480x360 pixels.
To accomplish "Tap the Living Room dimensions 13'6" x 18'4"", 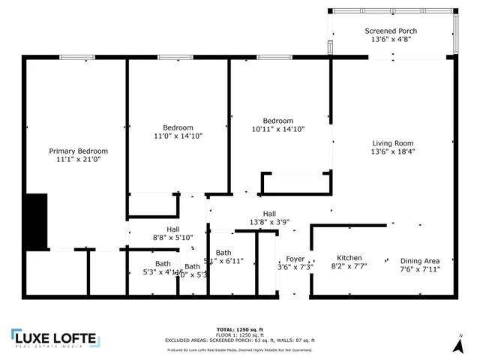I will (x=393, y=151).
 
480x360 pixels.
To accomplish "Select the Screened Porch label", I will (x=391, y=31).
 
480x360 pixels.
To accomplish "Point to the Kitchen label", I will (x=349, y=258).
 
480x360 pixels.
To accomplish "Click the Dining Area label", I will (x=419, y=260).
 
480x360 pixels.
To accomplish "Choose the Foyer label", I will (x=295, y=259).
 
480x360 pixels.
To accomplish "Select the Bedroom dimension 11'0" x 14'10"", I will (x=178, y=136).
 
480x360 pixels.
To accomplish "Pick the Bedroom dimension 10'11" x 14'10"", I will (x=277, y=130).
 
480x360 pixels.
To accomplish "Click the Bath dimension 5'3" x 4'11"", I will (x=163, y=272).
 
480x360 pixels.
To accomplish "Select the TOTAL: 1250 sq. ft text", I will (x=240, y=329).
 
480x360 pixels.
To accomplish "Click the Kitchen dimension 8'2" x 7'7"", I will (x=349, y=266).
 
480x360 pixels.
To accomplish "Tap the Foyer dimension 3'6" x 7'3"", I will (x=295, y=267).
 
